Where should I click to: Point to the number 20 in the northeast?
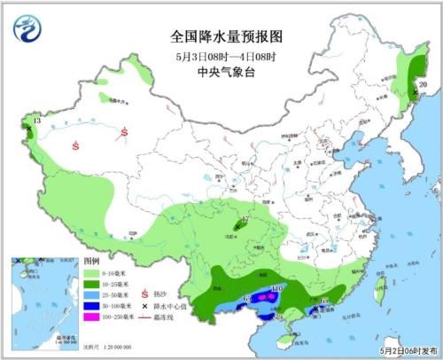click(423, 85)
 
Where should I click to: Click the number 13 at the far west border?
click(36, 120)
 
